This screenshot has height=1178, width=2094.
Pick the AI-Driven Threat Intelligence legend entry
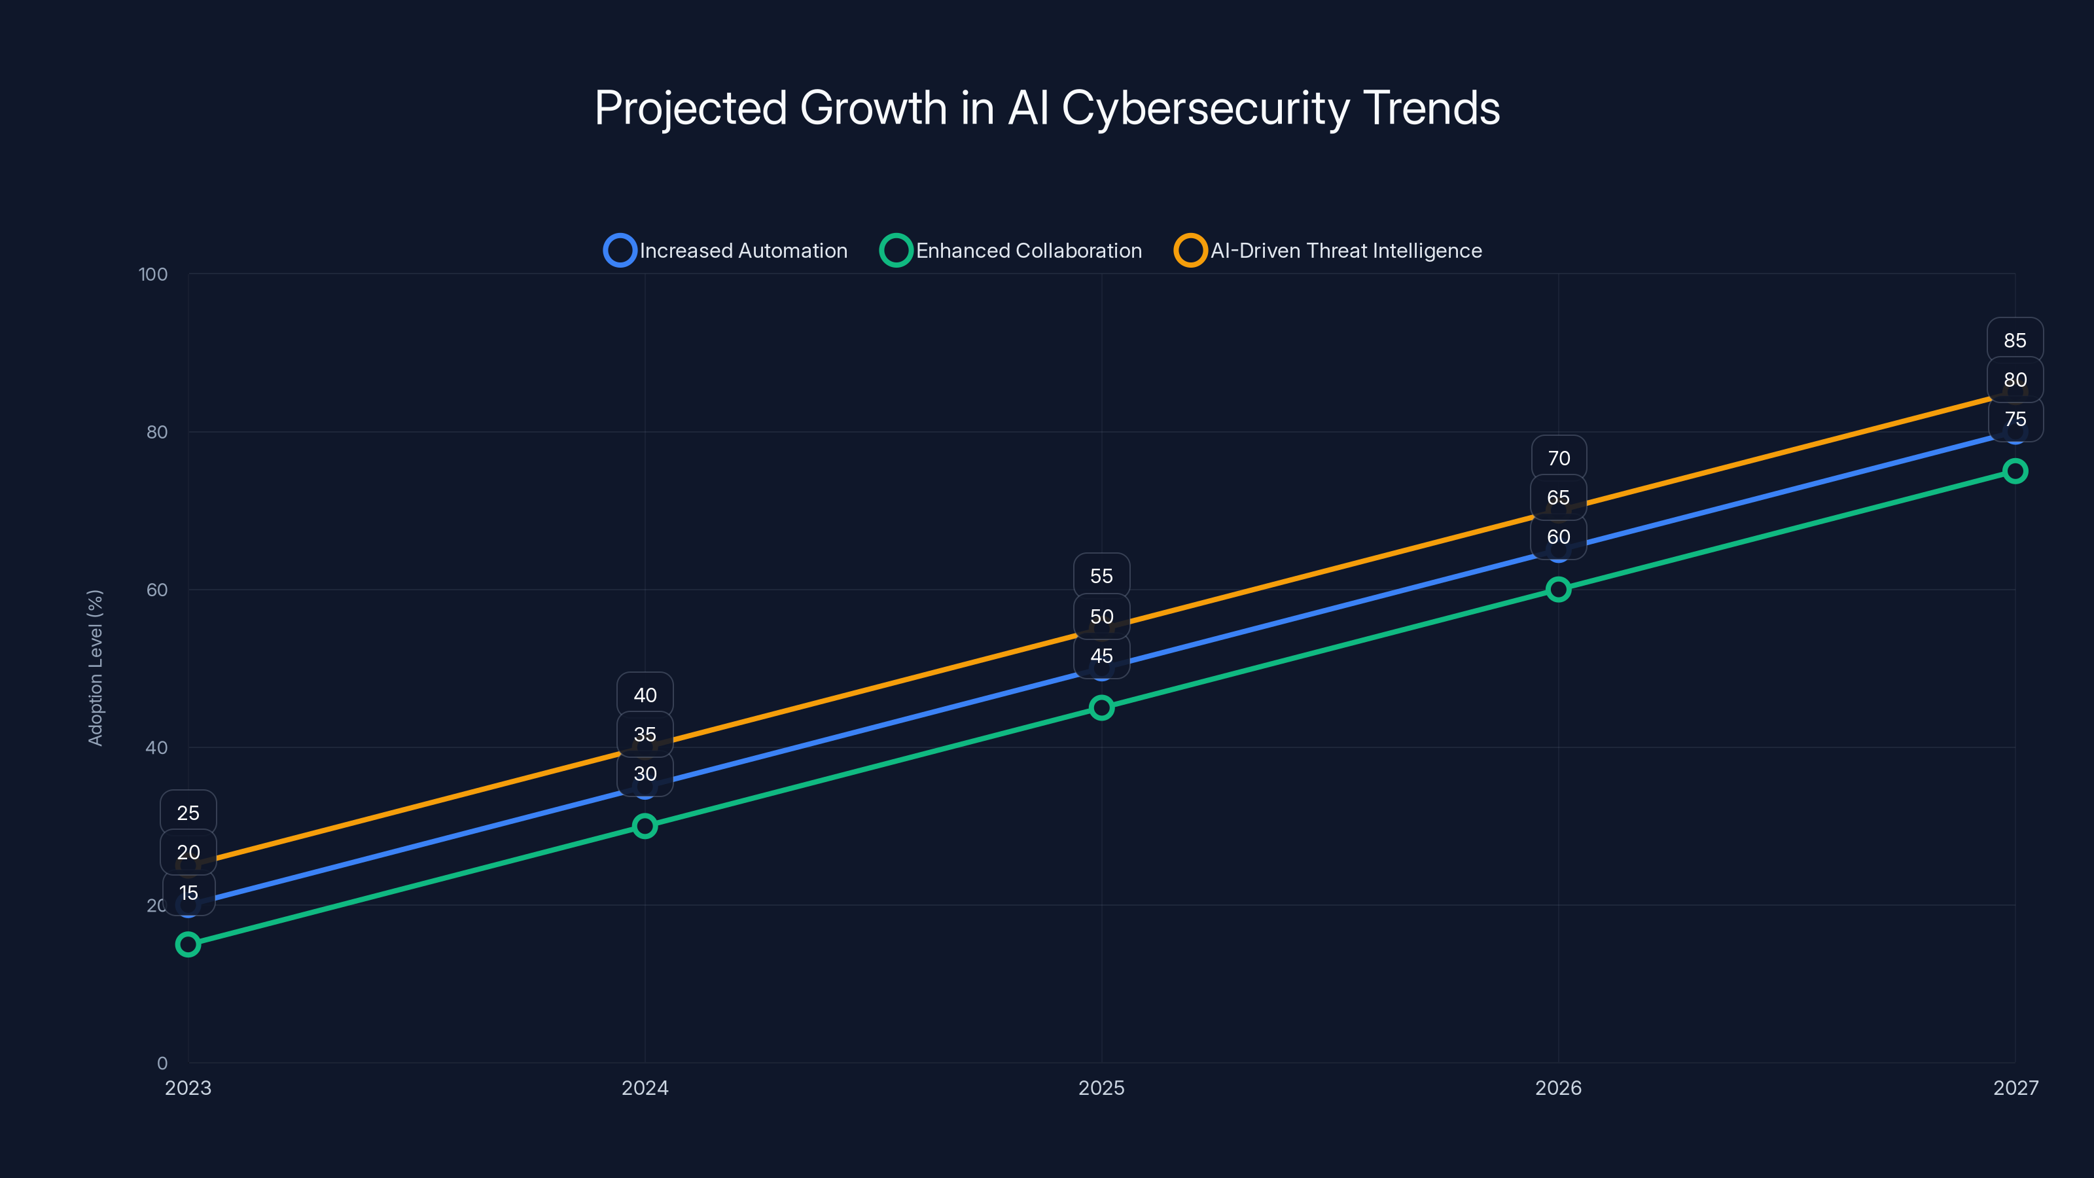point(1328,251)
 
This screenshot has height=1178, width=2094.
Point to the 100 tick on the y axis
point(153,274)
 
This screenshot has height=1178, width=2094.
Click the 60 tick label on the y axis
point(157,590)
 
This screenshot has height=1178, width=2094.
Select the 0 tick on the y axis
point(162,1063)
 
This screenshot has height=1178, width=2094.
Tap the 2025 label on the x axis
point(1101,1088)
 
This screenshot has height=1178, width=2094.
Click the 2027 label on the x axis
point(2015,1088)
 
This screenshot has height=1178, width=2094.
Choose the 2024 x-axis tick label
point(645,1088)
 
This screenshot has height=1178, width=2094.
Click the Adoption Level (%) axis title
point(96,668)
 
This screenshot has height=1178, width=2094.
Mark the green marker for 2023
point(188,944)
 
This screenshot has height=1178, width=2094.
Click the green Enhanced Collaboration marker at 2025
point(1101,707)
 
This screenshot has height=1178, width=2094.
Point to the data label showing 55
point(1101,576)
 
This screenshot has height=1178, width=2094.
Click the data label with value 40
point(645,695)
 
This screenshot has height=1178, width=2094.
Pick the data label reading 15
point(188,893)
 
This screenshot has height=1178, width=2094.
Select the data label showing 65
point(1557,497)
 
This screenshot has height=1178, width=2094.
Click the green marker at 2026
point(1557,590)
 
